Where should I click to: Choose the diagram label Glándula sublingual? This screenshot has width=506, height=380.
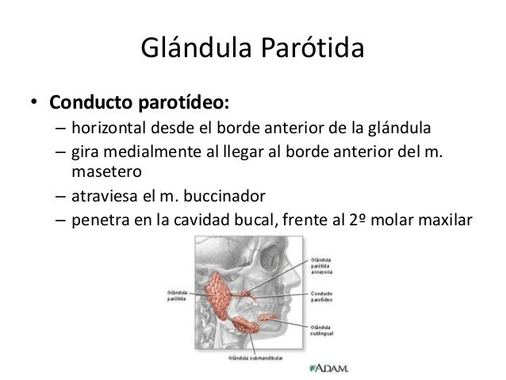(x=322, y=330)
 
